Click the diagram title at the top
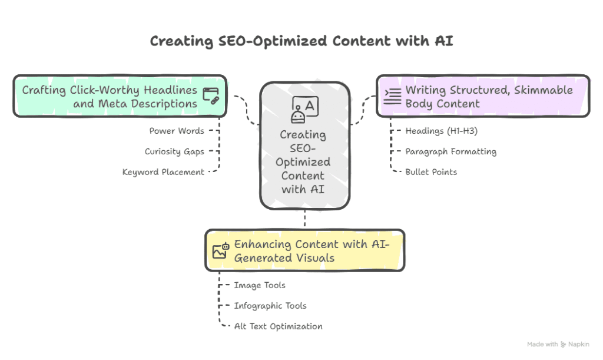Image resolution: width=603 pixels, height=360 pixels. click(x=301, y=41)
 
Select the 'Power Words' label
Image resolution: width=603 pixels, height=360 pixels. click(x=177, y=131)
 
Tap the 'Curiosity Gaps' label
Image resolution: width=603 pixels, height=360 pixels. click(x=174, y=151)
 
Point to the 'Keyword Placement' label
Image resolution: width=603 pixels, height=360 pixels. click(x=163, y=172)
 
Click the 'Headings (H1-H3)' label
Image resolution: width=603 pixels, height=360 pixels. click(x=442, y=131)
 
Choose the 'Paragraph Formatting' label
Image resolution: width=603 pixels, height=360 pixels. click(x=450, y=151)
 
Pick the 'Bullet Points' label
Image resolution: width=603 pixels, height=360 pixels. click(x=431, y=172)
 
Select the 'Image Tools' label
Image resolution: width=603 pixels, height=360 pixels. click(x=260, y=285)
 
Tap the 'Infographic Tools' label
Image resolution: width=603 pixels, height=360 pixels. click(x=270, y=306)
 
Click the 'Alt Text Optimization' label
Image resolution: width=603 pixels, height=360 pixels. click(x=278, y=326)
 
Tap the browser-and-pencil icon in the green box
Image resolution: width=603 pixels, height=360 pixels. click(x=211, y=96)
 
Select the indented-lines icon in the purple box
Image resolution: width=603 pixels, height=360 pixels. click(x=393, y=96)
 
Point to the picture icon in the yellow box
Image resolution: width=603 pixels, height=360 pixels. click(x=221, y=251)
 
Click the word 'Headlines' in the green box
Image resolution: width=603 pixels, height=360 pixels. click(x=170, y=90)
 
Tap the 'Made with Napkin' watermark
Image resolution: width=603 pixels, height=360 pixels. click(x=558, y=344)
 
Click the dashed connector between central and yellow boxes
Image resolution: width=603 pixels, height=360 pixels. click(x=304, y=219)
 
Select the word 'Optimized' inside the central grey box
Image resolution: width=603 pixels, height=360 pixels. click(x=303, y=162)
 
